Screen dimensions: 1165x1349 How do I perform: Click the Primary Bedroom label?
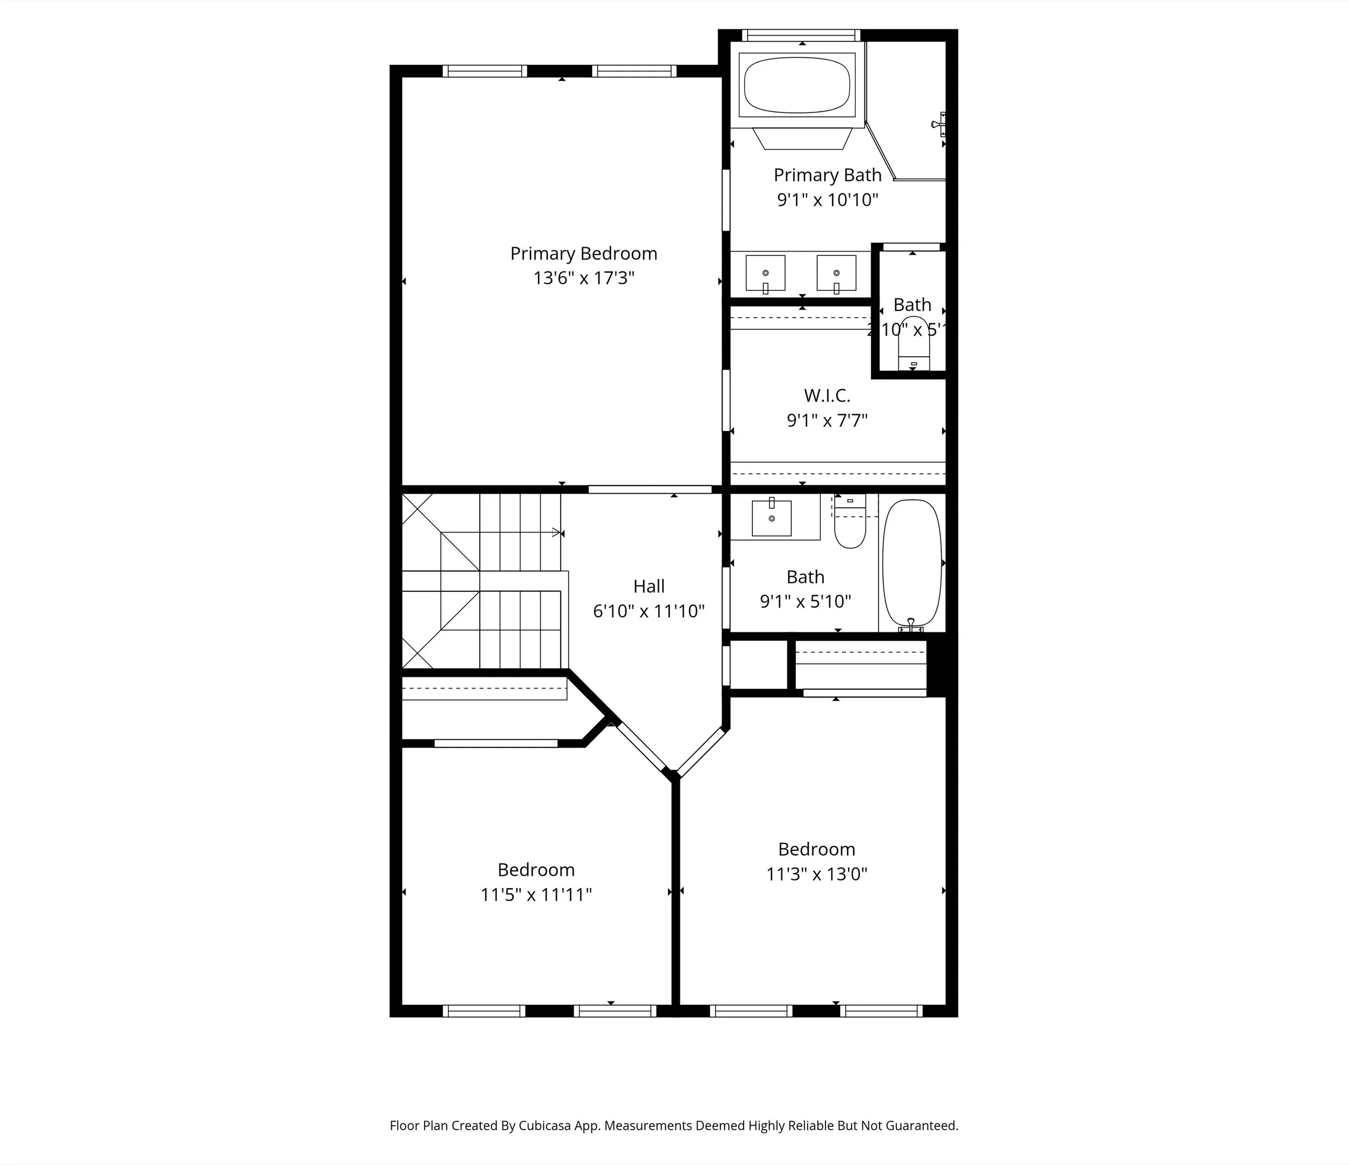[x=583, y=253]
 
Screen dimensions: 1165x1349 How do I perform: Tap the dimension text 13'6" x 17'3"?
[x=583, y=278]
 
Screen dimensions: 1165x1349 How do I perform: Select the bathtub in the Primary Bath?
[x=797, y=85]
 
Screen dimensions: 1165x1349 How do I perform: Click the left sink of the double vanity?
[x=765, y=274]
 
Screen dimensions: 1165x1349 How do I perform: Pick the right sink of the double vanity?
[x=836, y=274]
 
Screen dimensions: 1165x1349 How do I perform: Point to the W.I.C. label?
[x=827, y=396]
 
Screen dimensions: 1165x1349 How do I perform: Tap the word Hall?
[x=649, y=586]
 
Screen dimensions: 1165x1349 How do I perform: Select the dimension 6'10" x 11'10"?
[x=649, y=611]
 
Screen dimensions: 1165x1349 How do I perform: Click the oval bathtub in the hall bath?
[x=911, y=563]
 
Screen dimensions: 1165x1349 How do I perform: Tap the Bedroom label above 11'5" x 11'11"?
[x=536, y=869]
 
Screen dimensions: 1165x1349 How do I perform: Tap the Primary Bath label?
[x=827, y=175]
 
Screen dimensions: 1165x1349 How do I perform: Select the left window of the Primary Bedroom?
[x=485, y=71]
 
